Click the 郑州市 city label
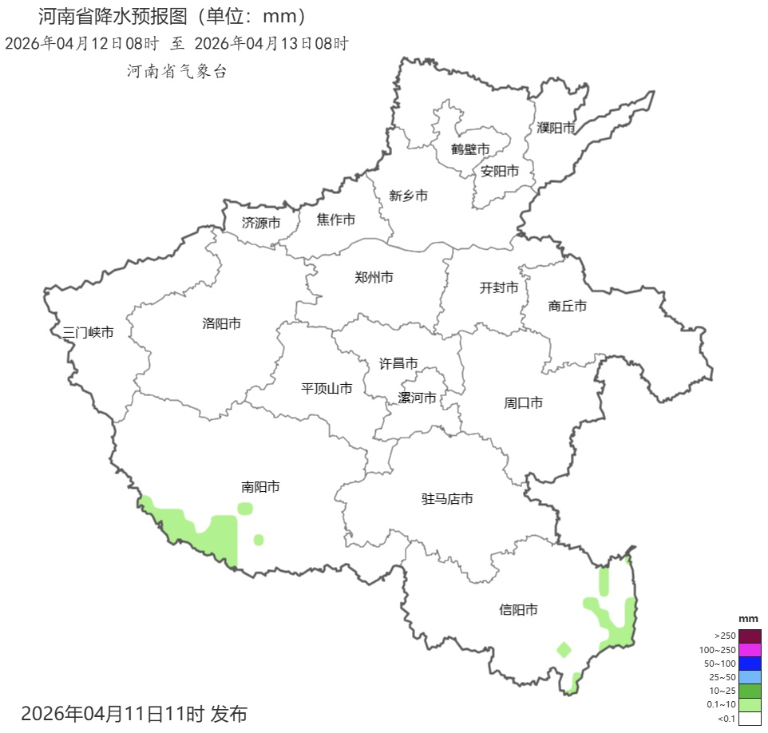[374, 278]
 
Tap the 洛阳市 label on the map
[222, 323]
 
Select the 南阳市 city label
[260, 486]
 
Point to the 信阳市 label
[518, 610]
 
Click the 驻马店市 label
[447, 499]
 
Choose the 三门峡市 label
[88, 332]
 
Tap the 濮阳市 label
[556, 128]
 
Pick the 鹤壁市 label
[470, 149]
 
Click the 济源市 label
[261, 223]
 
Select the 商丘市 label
[568, 306]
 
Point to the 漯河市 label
[418, 398]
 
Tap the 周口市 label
[523, 403]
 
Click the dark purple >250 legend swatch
[749, 636]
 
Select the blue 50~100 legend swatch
[749, 664]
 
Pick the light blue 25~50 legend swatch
[749, 677]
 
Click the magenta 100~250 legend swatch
[749, 649]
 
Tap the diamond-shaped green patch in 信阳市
[564, 649]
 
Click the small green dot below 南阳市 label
[259, 540]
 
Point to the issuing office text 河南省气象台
[176, 71]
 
